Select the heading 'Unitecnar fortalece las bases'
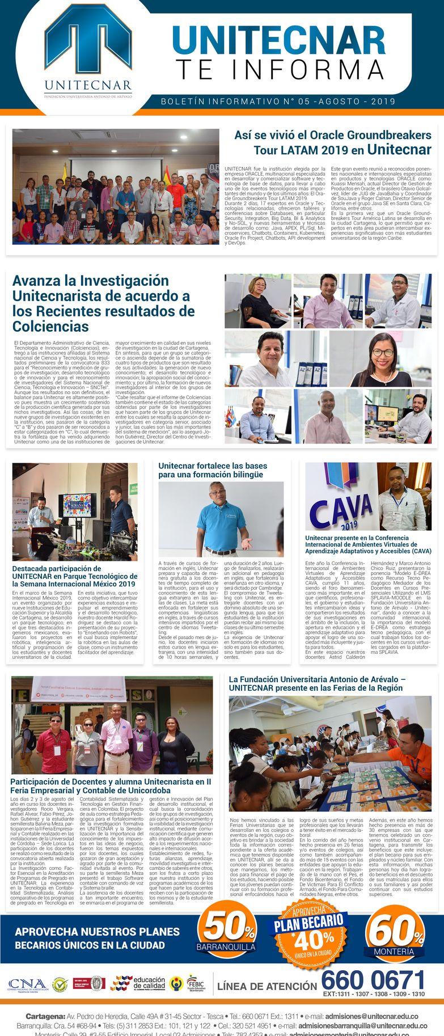pos(213,470)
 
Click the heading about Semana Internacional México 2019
pos(75,576)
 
